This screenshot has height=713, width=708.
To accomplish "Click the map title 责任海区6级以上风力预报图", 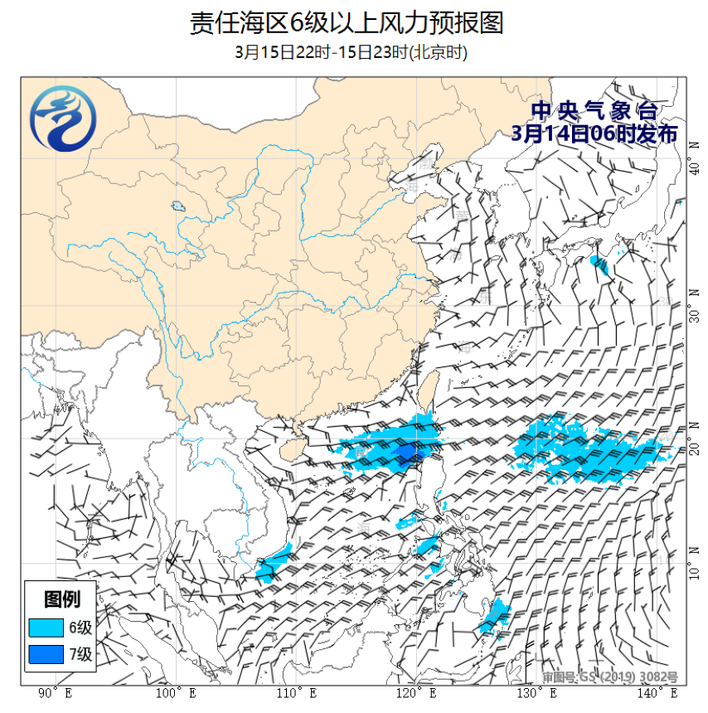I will point(347,22).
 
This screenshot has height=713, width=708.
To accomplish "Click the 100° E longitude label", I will point(176,692).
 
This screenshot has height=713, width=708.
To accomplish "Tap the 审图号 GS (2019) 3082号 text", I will point(610,677).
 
